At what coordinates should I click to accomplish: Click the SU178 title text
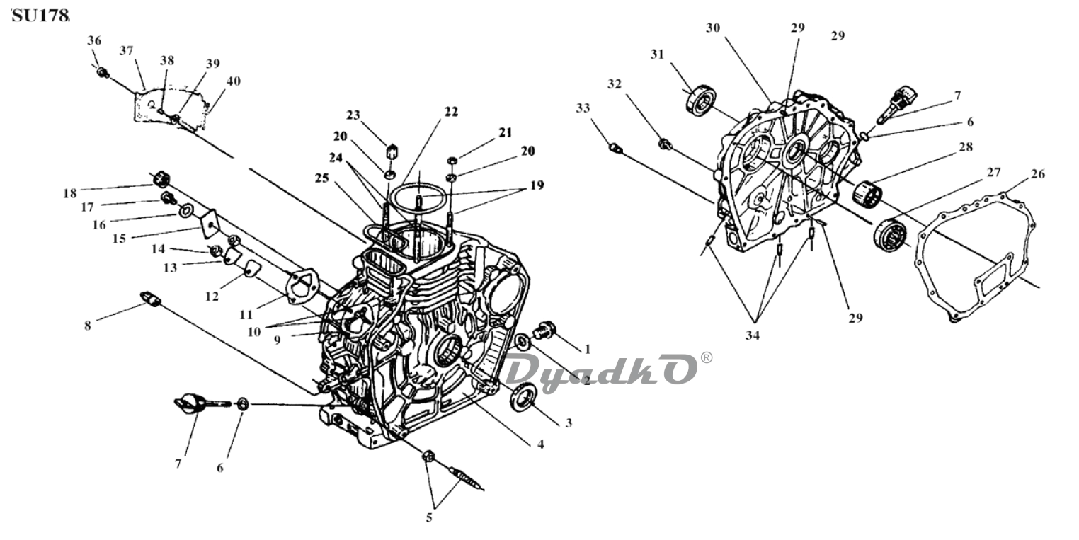click(x=40, y=16)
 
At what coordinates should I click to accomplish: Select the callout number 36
click(x=94, y=40)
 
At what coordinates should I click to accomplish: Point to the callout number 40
click(x=234, y=81)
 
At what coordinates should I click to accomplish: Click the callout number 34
click(x=753, y=335)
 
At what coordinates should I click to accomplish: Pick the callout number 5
click(x=429, y=518)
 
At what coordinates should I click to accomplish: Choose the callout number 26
click(x=1038, y=174)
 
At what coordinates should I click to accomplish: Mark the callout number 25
click(x=321, y=178)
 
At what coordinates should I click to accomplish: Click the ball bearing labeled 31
click(x=700, y=101)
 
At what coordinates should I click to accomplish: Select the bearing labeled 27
click(x=890, y=234)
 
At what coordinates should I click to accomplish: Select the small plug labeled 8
click(x=149, y=299)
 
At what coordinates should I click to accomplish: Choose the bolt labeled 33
click(x=615, y=149)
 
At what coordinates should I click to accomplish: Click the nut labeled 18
click(x=161, y=180)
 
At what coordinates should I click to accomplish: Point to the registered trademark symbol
click(x=706, y=357)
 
